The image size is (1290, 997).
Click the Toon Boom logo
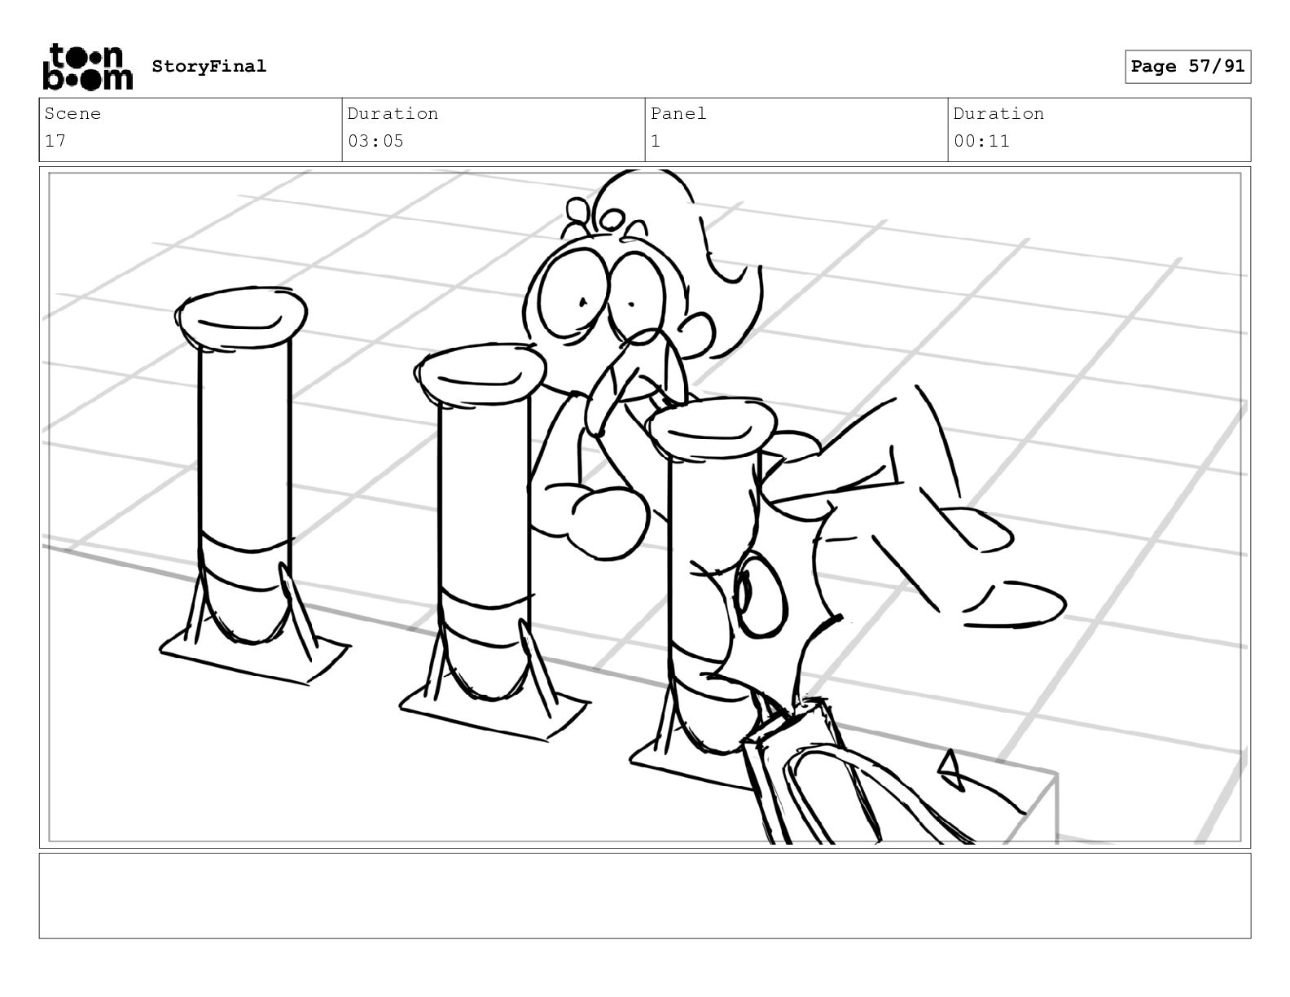[x=87, y=67]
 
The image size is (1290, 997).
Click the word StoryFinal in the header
[x=209, y=66]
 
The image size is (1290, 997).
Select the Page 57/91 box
[x=1187, y=67]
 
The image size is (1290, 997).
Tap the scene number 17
[x=55, y=142]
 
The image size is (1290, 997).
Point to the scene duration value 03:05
[x=375, y=142]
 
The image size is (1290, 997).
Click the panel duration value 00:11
[x=981, y=142]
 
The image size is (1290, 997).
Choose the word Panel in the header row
[x=678, y=113]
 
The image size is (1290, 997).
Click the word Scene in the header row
[x=72, y=113]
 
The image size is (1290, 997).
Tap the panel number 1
[x=656, y=142]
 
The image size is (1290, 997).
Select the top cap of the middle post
[x=480, y=374]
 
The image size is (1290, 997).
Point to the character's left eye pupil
[x=584, y=302]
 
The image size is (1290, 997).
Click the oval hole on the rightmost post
[x=760, y=595]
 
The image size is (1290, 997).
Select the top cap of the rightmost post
[x=711, y=428]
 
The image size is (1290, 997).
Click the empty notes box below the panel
[x=645, y=896]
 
